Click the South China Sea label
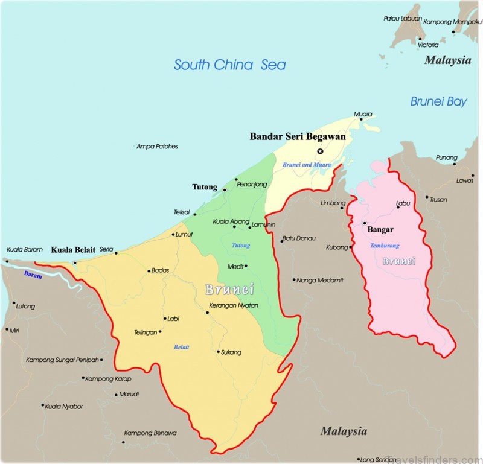point(229,65)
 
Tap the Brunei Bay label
point(438,101)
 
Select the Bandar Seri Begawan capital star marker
point(320,151)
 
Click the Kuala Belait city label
point(73,249)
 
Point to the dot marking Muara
point(361,119)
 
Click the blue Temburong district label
point(384,246)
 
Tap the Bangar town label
point(380,229)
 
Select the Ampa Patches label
point(158,146)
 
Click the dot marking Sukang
point(218,352)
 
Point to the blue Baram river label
point(34,274)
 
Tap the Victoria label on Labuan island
point(428,45)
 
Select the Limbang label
point(333,203)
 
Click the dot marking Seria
point(116,252)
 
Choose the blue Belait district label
point(181,346)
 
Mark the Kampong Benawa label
point(150,433)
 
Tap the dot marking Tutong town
point(225,190)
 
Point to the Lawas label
point(465,180)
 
